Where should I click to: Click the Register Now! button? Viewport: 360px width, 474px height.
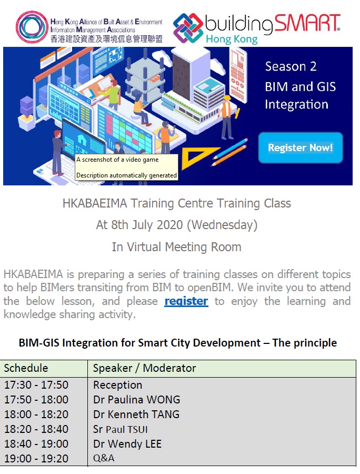[x=301, y=148]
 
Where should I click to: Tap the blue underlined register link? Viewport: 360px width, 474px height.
[x=186, y=301]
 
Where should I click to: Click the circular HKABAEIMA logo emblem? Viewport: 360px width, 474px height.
[x=32, y=26]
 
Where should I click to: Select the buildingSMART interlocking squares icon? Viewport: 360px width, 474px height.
[x=188, y=28]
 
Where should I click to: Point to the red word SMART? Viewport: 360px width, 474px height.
[x=307, y=23]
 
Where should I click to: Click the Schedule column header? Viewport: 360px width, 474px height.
[x=26, y=368]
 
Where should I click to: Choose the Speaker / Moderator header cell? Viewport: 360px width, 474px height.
[x=145, y=368]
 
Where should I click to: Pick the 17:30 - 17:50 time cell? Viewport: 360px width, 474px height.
[x=36, y=385]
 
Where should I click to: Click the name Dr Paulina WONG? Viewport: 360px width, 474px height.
[x=136, y=400]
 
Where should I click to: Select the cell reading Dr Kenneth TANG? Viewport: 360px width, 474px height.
[x=136, y=414]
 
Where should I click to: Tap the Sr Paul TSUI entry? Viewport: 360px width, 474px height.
[x=120, y=429]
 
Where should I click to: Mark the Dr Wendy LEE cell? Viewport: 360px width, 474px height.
[x=127, y=444]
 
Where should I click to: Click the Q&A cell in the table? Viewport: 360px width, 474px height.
[x=104, y=458]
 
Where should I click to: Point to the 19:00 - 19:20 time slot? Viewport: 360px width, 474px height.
[x=36, y=459]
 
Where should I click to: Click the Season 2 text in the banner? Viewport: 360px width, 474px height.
[x=291, y=66]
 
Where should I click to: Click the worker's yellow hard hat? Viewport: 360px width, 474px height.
[x=227, y=98]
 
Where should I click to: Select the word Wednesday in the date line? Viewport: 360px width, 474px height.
[x=222, y=225]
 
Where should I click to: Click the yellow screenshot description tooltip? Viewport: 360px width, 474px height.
[x=126, y=167]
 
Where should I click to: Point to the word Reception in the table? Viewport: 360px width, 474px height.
[x=118, y=385]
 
